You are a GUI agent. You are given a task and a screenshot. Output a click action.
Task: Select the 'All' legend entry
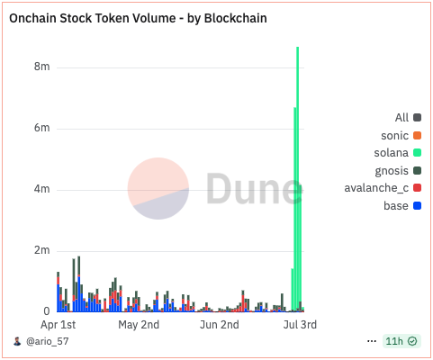click(402, 118)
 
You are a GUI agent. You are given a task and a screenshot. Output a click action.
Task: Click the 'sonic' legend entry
click(394, 135)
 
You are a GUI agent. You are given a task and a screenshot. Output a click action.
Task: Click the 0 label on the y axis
click(46, 311)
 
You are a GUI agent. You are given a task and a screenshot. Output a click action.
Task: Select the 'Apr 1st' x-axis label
click(59, 324)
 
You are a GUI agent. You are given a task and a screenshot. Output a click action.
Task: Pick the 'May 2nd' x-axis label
click(139, 324)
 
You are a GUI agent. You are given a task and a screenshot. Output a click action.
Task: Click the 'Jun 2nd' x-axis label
click(220, 324)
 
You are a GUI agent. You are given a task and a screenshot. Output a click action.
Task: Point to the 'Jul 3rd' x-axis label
click(296, 324)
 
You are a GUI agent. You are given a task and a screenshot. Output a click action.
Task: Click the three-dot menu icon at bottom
click(372, 342)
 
